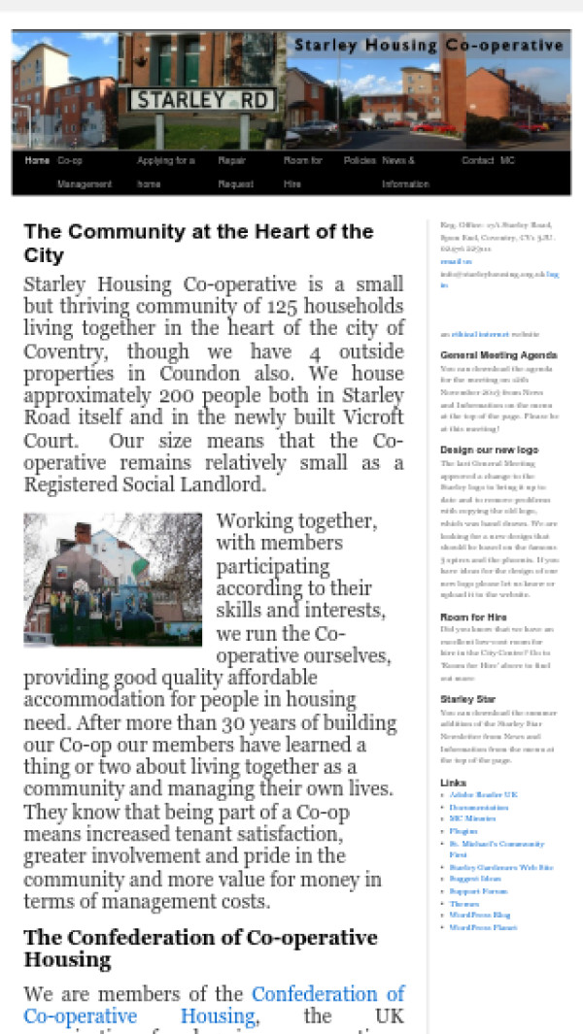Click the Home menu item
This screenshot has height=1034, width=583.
(x=37, y=160)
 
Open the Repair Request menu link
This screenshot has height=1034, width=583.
(x=235, y=171)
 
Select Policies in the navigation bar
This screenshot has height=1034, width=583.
(x=360, y=160)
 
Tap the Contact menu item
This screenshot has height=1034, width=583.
(x=477, y=160)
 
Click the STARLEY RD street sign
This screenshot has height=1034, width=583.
(x=203, y=99)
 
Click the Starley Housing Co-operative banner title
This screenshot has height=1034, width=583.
(x=429, y=46)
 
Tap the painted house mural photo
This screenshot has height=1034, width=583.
(x=113, y=580)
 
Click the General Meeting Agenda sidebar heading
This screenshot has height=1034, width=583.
(x=498, y=355)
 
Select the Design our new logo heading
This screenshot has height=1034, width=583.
(x=489, y=450)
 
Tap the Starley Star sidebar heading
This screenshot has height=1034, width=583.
(x=467, y=699)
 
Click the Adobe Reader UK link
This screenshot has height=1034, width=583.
(x=483, y=794)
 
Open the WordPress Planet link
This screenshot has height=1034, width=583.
(x=483, y=927)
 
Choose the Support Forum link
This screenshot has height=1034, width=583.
(x=477, y=891)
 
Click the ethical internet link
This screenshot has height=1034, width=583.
(x=471, y=334)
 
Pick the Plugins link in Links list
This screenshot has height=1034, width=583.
(x=463, y=831)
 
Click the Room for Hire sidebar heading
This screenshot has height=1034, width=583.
(x=473, y=617)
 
